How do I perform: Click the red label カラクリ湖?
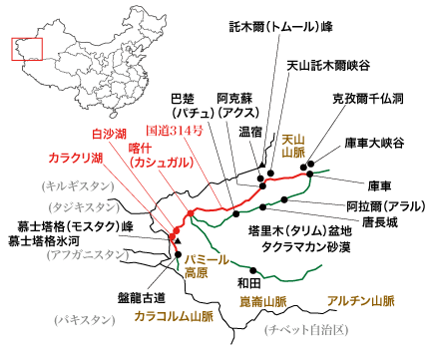point(77,157)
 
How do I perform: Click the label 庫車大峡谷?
point(375,143)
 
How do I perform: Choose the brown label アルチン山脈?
point(360,300)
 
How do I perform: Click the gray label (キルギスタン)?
point(71,185)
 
